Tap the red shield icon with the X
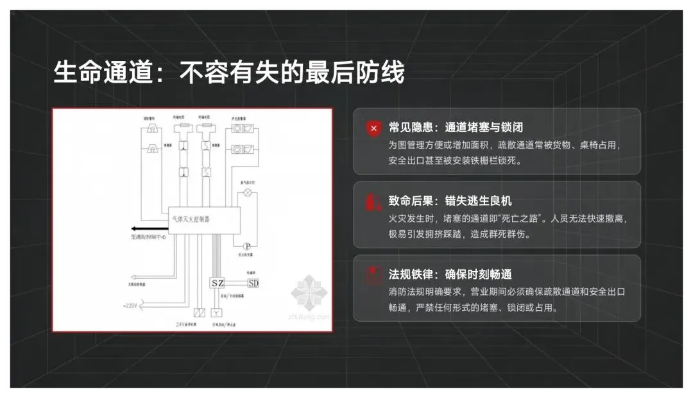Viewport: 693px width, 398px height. click(x=373, y=128)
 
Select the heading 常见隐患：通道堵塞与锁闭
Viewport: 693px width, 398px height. click(x=455, y=128)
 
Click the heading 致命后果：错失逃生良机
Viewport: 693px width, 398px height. click(x=450, y=201)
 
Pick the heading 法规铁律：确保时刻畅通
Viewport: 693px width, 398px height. click(x=450, y=275)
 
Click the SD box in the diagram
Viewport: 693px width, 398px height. click(x=253, y=283)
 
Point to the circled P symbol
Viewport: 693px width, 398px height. click(x=246, y=245)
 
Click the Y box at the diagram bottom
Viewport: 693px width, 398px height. click(x=218, y=313)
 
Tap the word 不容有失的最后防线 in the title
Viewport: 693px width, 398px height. click(x=292, y=72)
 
